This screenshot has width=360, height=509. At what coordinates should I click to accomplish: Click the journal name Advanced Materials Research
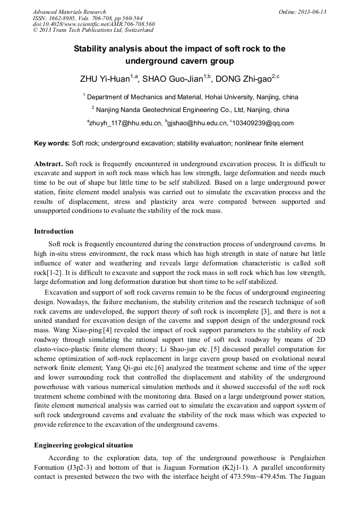70,12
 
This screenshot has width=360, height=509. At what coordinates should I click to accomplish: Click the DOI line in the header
94,24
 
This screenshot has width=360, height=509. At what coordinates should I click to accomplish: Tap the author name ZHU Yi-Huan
106,79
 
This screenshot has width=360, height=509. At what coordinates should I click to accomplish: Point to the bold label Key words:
52,143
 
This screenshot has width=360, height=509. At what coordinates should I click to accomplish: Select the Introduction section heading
54,231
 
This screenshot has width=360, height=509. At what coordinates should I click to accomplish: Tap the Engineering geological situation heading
83,445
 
